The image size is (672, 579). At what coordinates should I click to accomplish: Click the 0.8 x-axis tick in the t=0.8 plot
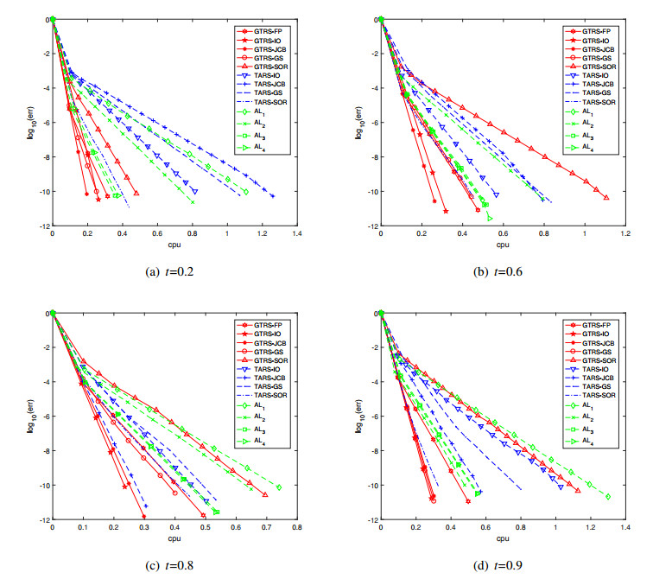coord(297,527)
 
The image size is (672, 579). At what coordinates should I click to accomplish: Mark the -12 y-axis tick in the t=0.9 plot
coord(371,520)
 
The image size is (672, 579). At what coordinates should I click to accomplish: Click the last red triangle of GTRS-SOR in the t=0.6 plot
coord(606,198)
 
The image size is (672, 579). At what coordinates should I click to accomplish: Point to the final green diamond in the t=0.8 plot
coord(279,487)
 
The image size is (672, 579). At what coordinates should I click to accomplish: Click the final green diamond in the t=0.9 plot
coord(608,496)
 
